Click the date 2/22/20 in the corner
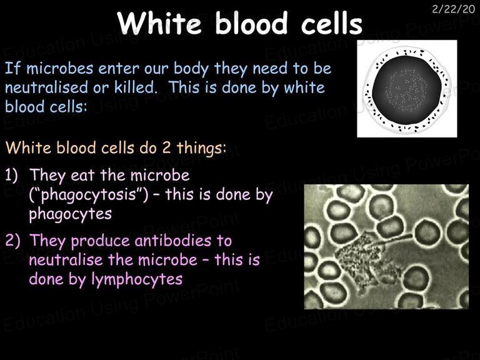click(453, 9)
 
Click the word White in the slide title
click(159, 23)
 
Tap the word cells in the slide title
click(332, 23)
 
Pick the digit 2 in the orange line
click(166, 148)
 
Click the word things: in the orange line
click(201, 149)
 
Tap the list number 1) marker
click(12, 176)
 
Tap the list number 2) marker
click(12, 241)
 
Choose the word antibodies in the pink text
click(173, 241)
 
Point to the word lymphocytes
click(137, 279)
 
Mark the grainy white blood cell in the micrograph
click(365, 260)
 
